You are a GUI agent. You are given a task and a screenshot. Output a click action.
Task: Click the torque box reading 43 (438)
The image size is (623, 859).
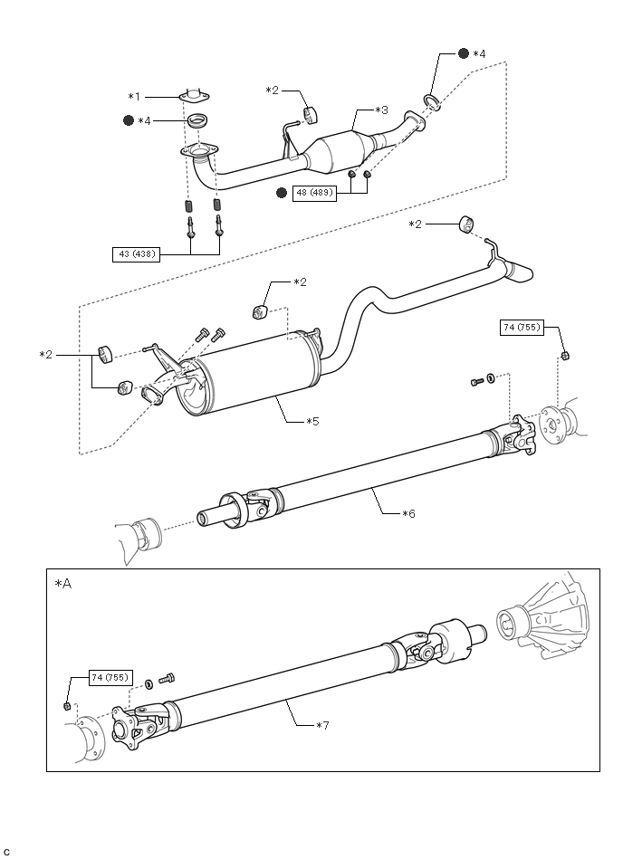[x=136, y=254]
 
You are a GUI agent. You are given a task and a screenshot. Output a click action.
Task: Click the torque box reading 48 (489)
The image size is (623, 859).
[x=314, y=193]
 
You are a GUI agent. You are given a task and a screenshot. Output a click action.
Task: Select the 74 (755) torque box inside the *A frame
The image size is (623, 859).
[x=110, y=677]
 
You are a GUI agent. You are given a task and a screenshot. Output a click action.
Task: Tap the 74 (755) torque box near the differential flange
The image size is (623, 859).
[x=522, y=328]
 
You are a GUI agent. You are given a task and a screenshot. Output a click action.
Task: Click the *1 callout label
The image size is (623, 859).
[x=134, y=97]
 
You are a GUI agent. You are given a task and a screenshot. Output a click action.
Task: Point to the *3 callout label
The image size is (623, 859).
[x=381, y=110]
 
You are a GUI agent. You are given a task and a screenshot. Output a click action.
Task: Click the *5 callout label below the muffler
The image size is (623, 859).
[x=312, y=421]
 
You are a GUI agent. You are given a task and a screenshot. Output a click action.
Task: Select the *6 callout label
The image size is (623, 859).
[x=408, y=513]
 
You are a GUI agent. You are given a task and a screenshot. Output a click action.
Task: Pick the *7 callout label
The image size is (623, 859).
[x=322, y=725]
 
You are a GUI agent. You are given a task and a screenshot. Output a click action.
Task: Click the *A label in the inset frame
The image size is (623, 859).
[x=63, y=584]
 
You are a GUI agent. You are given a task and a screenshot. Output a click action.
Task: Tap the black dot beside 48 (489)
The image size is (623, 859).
[x=282, y=193]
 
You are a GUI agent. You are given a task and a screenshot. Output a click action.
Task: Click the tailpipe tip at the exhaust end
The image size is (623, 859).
[x=521, y=272]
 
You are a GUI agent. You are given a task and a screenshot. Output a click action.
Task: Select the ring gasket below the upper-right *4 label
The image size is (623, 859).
[x=431, y=100]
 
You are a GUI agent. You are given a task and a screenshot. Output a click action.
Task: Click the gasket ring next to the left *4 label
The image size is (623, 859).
[x=197, y=120]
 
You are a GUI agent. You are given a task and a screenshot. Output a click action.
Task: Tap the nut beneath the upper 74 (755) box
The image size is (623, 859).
[x=565, y=356]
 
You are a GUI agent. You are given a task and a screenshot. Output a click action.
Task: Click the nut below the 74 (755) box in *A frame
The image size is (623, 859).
[x=67, y=706]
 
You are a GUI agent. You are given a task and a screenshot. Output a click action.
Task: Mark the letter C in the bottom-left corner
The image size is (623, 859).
[x=6, y=853]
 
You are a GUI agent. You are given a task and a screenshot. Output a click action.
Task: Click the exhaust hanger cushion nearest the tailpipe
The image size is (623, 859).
[x=465, y=224]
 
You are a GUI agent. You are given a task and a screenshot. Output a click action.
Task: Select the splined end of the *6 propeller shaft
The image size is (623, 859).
[x=207, y=518]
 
